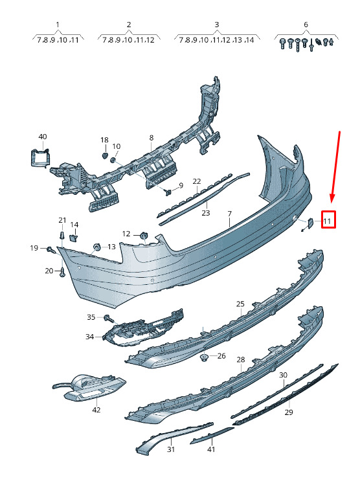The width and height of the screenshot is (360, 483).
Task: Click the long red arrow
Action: tap(335, 166)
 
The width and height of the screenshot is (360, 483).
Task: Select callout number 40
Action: tap(43, 137)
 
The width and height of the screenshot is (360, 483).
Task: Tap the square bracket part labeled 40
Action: tap(40, 158)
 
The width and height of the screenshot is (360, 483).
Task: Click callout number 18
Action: tap(104, 140)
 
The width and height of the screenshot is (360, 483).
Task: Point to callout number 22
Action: tap(197, 181)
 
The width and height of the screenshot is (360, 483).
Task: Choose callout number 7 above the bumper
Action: tap(229, 213)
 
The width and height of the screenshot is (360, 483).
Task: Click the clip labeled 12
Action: tap(144, 236)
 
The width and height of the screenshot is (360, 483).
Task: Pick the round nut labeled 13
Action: tap(96, 247)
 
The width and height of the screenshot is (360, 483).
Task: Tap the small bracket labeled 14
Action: tap(74, 238)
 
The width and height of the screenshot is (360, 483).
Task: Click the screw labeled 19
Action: tap(51, 249)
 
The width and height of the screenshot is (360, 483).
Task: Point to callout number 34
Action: tap(89, 337)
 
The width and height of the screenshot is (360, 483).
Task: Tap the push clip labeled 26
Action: tap(204, 357)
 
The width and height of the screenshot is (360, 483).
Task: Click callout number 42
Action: tap(96, 410)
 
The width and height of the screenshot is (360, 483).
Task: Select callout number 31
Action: tap(171, 449)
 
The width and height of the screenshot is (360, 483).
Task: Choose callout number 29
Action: tap(289, 412)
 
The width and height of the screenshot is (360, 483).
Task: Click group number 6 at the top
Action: tap(306, 25)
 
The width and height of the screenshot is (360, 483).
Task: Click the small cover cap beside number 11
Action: tap(310, 222)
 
